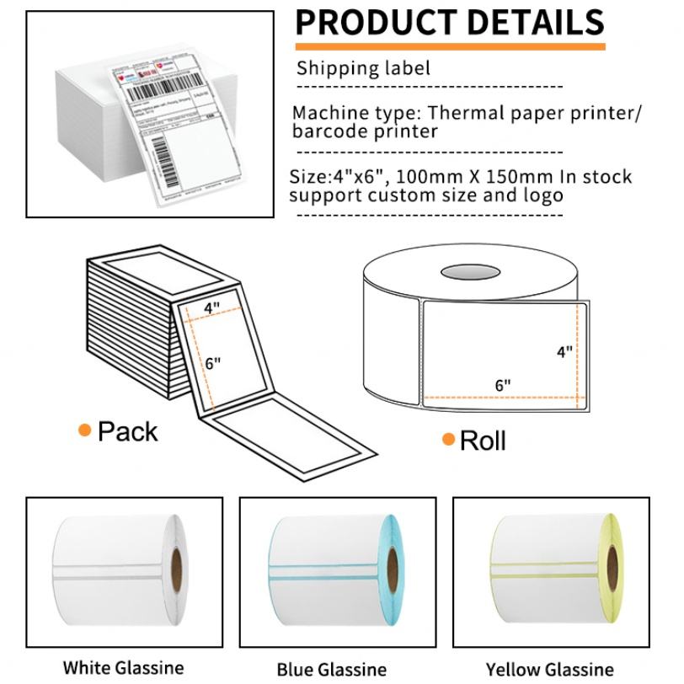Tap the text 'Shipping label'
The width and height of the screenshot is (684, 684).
tap(363, 68)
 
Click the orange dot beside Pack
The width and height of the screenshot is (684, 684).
tap(84, 431)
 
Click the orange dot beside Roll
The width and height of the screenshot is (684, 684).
tap(448, 439)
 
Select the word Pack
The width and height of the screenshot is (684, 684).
tap(127, 431)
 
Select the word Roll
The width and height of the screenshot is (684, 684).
tap(483, 440)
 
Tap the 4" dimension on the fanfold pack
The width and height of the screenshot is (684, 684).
tap(211, 308)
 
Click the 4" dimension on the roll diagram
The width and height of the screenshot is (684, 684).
tap(564, 351)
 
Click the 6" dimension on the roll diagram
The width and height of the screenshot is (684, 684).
tap(503, 385)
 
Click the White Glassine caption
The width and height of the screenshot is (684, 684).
tap(123, 668)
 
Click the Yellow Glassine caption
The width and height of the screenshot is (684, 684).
tap(550, 670)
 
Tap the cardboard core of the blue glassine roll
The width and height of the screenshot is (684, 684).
tap(392, 573)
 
